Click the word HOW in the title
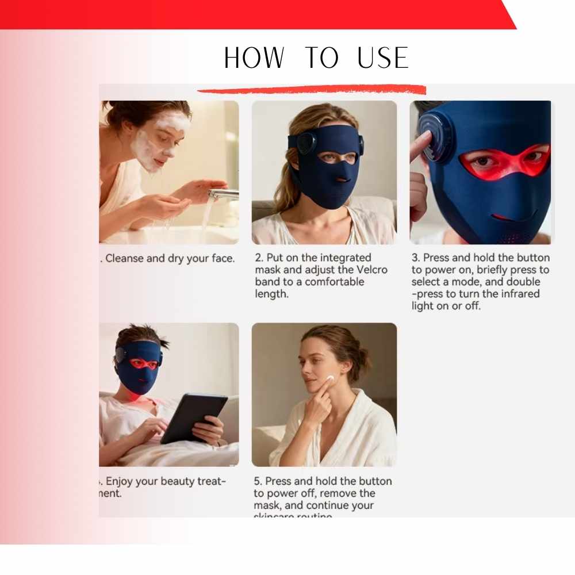pos(254,58)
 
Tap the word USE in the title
pos(382,58)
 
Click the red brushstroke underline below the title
pos(311,90)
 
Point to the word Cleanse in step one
pos(125,258)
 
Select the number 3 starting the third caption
pos(415,258)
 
